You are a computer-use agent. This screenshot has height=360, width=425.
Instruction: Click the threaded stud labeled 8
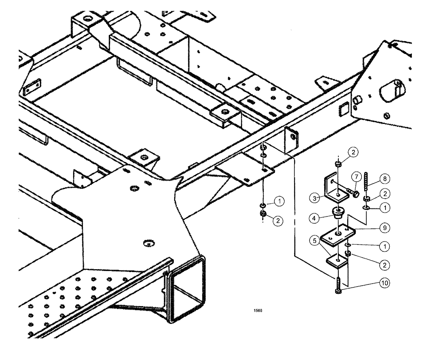click(x=366, y=183)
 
